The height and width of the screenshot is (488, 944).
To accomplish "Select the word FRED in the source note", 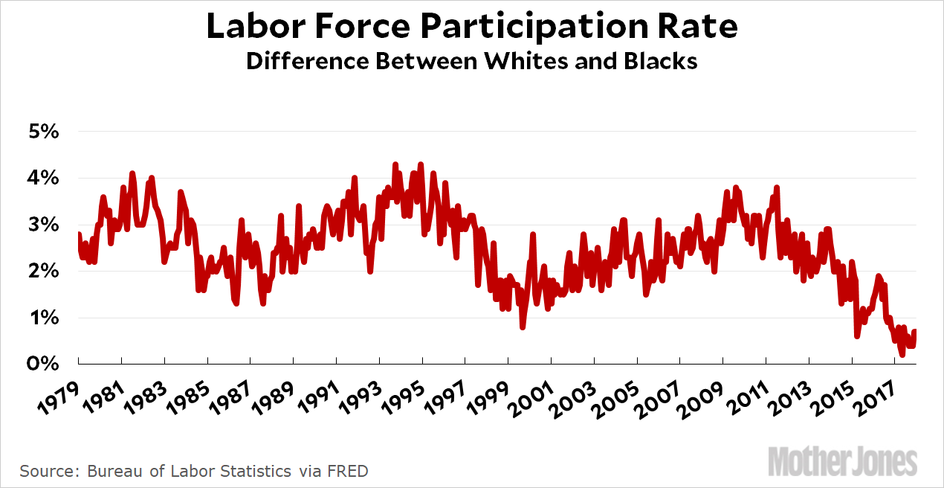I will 349,471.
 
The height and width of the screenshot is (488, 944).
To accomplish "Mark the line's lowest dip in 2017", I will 902,355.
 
